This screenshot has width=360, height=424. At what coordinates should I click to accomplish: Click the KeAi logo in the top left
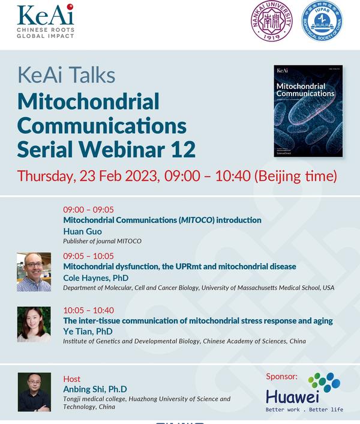pyautogui.click(x=46, y=21)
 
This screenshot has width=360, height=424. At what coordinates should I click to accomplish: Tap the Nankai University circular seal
pyautogui.click(x=271, y=22)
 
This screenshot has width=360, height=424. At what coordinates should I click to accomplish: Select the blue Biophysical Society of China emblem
pyautogui.click(x=321, y=22)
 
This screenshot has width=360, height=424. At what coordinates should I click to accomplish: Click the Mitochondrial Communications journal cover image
pyautogui.click(x=308, y=111)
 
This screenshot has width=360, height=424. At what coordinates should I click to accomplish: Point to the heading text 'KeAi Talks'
pyautogui.click(x=66, y=76)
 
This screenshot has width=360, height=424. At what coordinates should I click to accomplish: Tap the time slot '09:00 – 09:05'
pyautogui.click(x=88, y=210)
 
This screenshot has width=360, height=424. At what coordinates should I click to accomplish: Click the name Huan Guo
pyautogui.click(x=82, y=231)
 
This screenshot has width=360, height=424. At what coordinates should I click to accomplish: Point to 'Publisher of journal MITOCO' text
pyautogui.click(x=102, y=241)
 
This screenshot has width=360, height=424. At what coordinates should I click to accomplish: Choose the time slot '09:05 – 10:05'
pyautogui.click(x=88, y=256)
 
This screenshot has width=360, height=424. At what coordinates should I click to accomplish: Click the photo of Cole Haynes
pyautogui.click(x=34, y=272)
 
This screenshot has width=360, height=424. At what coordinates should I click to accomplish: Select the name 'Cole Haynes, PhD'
pyautogui.click(x=95, y=277)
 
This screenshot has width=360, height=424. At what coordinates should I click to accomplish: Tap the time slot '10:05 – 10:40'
pyautogui.click(x=88, y=310)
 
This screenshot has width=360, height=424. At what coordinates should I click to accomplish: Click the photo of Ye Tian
pyautogui.click(x=34, y=324)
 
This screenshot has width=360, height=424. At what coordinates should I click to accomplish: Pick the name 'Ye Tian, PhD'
pyautogui.click(x=88, y=332)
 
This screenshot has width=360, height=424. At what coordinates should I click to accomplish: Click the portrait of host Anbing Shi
pyautogui.click(x=34, y=392)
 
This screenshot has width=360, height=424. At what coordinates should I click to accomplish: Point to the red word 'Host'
pyautogui.click(x=71, y=379)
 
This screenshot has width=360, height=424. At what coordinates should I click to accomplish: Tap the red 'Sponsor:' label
pyautogui.click(x=281, y=377)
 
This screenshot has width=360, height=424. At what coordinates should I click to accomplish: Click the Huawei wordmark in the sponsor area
pyautogui.click(x=293, y=397)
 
